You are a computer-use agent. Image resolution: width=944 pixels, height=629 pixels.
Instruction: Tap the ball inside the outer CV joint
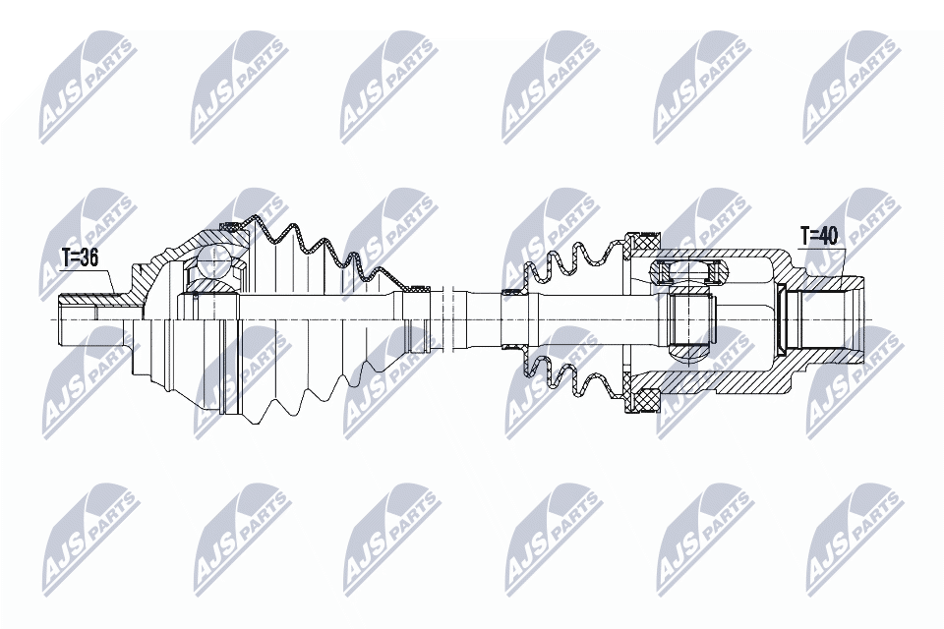[x=213, y=262]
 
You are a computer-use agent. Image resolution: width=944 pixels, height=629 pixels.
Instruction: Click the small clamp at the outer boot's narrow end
[x=420, y=289]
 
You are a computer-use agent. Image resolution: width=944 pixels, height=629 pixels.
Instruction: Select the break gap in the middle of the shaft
[x=451, y=319]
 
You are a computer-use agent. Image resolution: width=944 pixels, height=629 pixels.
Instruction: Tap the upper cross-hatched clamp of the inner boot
[x=646, y=239]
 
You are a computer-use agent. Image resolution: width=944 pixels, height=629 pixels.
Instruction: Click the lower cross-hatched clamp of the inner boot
[x=646, y=400]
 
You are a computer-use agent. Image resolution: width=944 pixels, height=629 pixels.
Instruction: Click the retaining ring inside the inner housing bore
[x=782, y=318]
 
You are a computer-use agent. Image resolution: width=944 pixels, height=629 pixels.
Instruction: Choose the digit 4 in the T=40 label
[x=823, y=235]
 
